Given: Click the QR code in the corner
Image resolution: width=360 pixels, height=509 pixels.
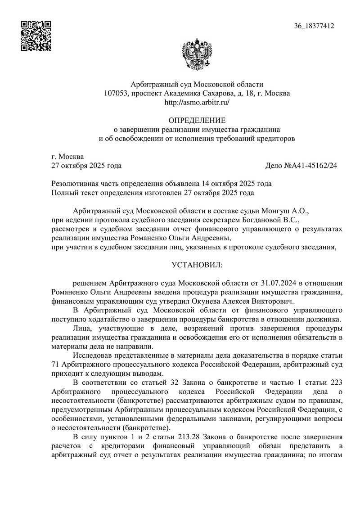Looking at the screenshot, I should (36, 36).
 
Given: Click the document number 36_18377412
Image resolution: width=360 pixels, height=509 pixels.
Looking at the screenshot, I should (314, 27).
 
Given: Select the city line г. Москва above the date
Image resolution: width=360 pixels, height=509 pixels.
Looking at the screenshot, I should (67, 157).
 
